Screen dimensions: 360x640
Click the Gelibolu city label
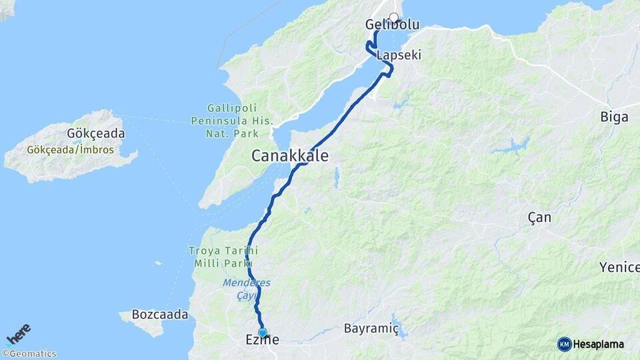pos(392,25)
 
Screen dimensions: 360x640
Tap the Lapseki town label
pos(399,55)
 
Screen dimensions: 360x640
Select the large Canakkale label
pos(290,156)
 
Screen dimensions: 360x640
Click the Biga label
pos(614,117)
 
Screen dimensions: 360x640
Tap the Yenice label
pos(619,267)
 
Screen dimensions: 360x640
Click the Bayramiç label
pos(371,329)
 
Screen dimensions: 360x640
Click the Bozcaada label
pos(160,314)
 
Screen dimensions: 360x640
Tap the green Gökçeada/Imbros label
pos(71,150)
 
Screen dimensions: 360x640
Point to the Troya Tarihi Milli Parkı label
pos(219,257)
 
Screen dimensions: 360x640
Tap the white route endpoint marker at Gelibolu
pos(393,18)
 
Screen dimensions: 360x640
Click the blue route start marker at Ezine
pos(263,332)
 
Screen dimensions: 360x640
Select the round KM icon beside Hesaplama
pos(564,344)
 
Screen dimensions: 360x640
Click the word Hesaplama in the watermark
pos(599,344)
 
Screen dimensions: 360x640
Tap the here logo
pos(19,334)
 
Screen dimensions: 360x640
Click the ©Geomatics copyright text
pos(29,354)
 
